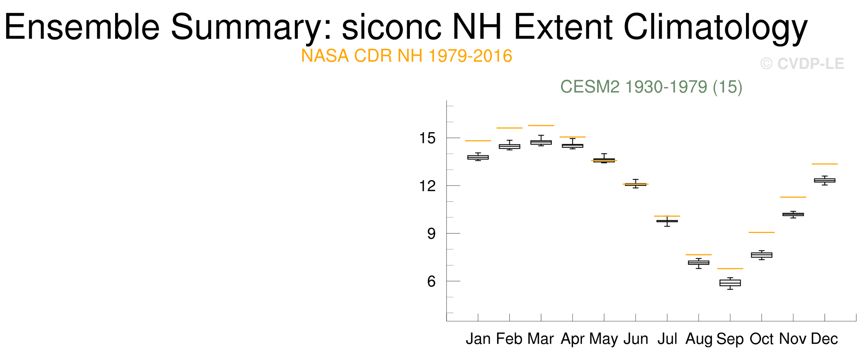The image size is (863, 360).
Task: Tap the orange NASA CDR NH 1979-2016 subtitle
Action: (x=406, y=56)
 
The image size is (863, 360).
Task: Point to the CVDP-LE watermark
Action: (x=802, y=64)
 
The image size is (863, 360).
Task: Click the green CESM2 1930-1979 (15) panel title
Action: (x=651, y=87)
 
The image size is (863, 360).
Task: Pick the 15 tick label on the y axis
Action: (x=427, y=138)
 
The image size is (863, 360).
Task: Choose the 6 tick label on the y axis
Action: (x=431, y=282)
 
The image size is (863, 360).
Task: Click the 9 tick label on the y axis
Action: (x=431, y=234)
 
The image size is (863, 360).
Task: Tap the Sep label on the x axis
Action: (x=730, y=339)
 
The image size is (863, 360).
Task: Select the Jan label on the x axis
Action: (x=478, y=339)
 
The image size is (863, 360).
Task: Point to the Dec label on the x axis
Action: (x=824, y=339)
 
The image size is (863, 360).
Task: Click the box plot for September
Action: (x=730, y=283)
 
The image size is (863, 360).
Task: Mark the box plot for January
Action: (x=478, y=157)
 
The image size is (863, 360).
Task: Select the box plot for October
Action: (x=761, y=255)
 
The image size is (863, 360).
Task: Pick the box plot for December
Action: (x=824, y=180)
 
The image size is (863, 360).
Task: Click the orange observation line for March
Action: (x=541, y=125)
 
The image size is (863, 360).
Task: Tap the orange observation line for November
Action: (x=793, y=197)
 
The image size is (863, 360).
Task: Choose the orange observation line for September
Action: (x=730, y=269)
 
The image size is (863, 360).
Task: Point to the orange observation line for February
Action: (x=509, y=128)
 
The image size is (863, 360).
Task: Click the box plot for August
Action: (x=699, y=263)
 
